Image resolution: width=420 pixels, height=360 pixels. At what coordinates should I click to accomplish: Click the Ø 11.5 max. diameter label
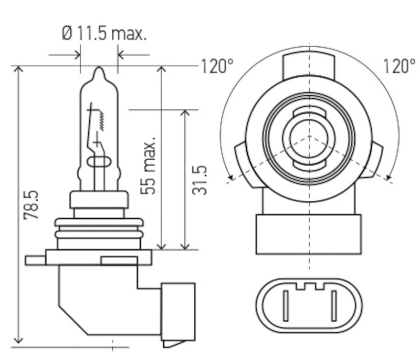click(x=104, y=34)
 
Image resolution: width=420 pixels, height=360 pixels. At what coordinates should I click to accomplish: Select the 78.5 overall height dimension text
click(x=32, y=205)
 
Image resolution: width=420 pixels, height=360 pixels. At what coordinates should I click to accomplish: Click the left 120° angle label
click(x=216, y=67)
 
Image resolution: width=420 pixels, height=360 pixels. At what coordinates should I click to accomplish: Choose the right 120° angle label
click(x=399, y=67)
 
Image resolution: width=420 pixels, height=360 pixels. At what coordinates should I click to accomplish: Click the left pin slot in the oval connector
click(x=286, y=306)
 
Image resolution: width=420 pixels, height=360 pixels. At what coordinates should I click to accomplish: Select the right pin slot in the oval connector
click(x=333, y=306)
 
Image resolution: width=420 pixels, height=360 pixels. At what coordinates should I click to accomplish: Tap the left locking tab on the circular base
click(x=239, y=163)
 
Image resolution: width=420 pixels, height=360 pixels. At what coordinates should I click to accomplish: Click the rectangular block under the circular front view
click(x=309, y=234)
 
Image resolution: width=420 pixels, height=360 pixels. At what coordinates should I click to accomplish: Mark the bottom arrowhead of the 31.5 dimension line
click(x=185, y=245)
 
